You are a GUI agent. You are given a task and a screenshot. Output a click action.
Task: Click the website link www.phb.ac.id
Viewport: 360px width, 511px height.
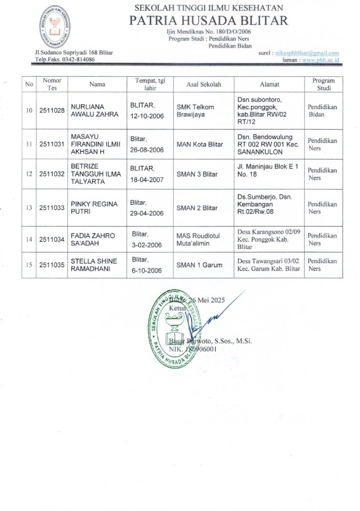pos(321,60)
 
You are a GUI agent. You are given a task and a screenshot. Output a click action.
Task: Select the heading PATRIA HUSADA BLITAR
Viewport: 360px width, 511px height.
pos(208,20)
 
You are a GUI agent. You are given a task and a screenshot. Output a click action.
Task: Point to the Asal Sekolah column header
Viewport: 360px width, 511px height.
pos(203,84)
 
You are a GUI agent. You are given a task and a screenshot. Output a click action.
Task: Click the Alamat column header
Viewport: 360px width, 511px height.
pos(269,84)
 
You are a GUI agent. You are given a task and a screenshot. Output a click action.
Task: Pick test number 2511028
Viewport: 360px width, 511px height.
pos(52,110)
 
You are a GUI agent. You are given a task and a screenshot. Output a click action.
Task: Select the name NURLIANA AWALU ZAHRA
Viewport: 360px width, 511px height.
pos(94,110)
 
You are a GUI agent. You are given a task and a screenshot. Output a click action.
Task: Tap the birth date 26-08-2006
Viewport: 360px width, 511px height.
pos(147,149)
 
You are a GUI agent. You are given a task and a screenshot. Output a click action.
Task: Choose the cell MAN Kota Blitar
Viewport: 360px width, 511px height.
pos(199,145)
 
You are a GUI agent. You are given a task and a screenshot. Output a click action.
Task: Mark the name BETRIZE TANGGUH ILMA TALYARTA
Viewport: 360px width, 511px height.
pos(92,174)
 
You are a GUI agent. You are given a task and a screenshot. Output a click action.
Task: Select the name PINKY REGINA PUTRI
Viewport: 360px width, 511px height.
pos(94,208)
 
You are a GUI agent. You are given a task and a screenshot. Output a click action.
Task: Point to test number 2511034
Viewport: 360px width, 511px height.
pos(52,240)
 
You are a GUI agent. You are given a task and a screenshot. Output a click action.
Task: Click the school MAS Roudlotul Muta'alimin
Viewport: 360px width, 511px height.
pos(198,240)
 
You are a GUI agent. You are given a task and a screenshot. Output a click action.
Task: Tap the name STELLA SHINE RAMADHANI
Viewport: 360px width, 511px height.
pos(95,265)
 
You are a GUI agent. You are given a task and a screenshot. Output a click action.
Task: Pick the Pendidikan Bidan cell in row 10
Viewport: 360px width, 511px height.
pos(322,110)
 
